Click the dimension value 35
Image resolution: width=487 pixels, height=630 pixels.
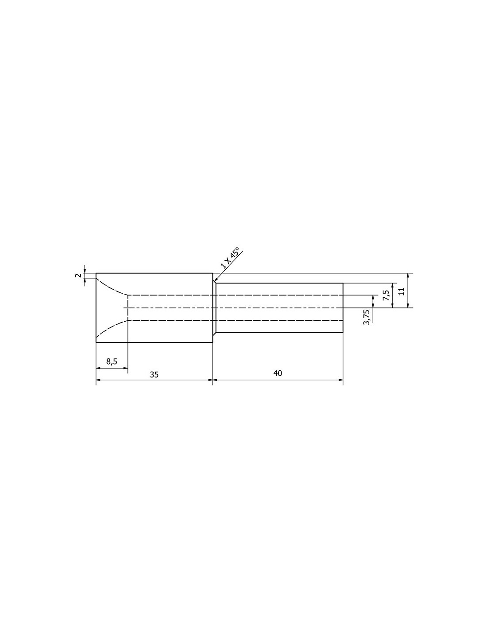154,374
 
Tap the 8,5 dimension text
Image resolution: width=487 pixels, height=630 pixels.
112,361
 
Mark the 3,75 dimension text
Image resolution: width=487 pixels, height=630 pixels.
367,317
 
